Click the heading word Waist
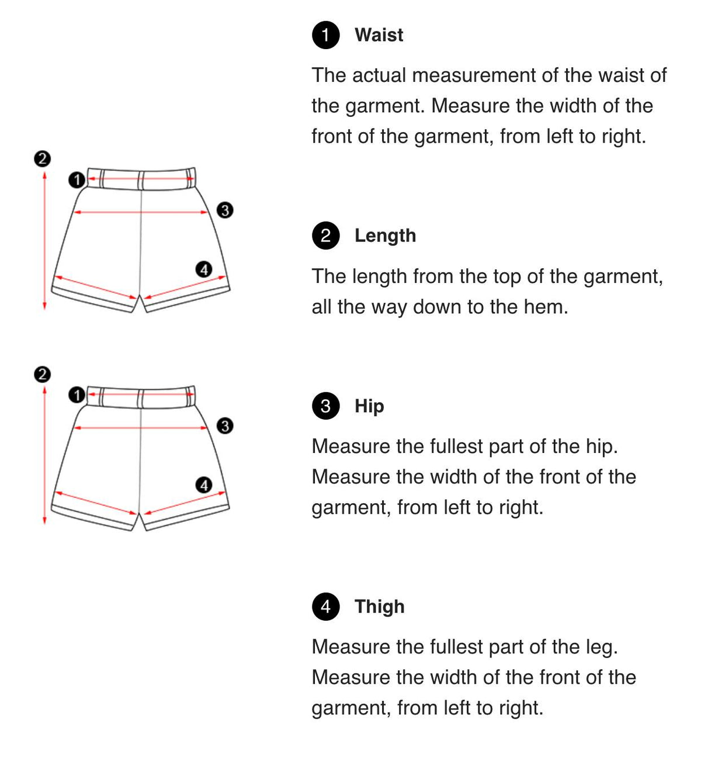(379, 35)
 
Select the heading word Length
(385, 236)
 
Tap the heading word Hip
(369, 406)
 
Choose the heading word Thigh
(379, 607)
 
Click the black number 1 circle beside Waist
(325, 35)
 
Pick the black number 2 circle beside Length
(325, 236)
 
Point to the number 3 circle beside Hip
(325, 406)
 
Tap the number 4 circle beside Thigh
(325, 607)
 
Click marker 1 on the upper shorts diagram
(77, 180)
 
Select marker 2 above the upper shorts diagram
(43, 159)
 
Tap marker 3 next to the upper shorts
(225, 210)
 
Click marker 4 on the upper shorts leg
(204, 269)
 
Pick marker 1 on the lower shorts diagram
(77, 395)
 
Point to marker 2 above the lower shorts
(43, 375)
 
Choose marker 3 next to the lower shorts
(225, 426)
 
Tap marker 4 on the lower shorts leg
(204, 485)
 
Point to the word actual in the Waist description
(379, 75)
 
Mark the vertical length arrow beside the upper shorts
(44, 240)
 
